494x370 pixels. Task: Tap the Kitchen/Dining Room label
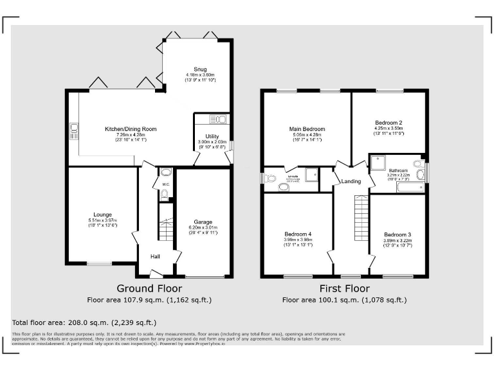[x=131, y=129]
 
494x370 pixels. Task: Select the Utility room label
[x=212, y=136]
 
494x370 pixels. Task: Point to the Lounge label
[x=102, y=215]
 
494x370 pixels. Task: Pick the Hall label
[x=155, y=256]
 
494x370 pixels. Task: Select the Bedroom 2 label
[x=389, y=123]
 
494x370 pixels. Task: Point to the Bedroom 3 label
[x=397, y=234]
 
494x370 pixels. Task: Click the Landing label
[x=351, y=181]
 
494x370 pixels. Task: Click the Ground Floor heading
[x=149, y=288]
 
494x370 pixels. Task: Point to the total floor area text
[x=84, y=322]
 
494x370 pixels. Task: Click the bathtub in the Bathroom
[x=410, y=188]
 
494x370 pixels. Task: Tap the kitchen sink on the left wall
[x=73, y=131]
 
